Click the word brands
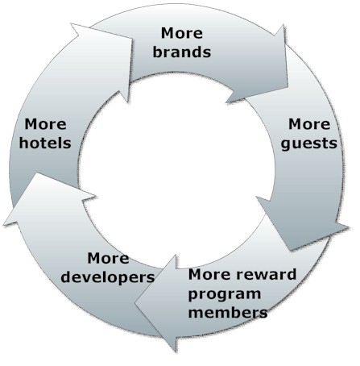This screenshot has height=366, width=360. coord(182,52)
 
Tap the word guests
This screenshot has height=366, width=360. coord(308,143)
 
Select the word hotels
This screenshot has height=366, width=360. coord(45,143)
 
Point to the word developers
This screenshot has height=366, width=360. coord(108,277)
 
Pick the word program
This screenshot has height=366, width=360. coord(225,294)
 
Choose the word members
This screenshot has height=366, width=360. coord(228,312)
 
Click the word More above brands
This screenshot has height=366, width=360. coord(182,33)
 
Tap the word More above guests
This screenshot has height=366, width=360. coord(309,124)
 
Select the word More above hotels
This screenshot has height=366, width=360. coord(45,124)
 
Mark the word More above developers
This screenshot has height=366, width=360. coord(108,258)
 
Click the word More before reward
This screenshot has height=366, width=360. coord(209,274)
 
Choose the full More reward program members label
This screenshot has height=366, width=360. coord(242,293)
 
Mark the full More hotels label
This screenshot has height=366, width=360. coord(45,134)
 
